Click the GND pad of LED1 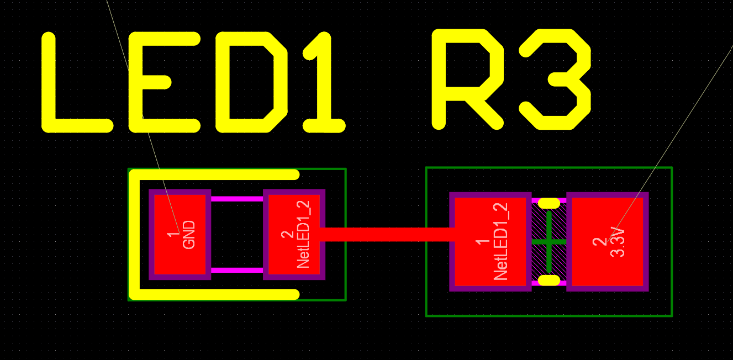[x=180, y=235]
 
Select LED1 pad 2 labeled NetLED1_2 [x=294, y=235]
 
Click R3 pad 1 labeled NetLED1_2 [x=490, y=242]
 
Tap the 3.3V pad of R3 [x=608, y=242]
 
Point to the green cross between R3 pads [x=549, y=242]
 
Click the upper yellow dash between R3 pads [x=549, y=203]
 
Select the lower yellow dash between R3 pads [x=549, y=280]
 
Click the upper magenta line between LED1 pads [x=237, y=199]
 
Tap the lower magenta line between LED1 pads [x=237, y=271]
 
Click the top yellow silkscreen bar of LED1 [x=214, y=174]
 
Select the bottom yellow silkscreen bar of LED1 [x=214, y=294]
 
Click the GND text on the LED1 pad [x=189, y=235]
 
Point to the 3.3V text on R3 [x=618, y=242]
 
